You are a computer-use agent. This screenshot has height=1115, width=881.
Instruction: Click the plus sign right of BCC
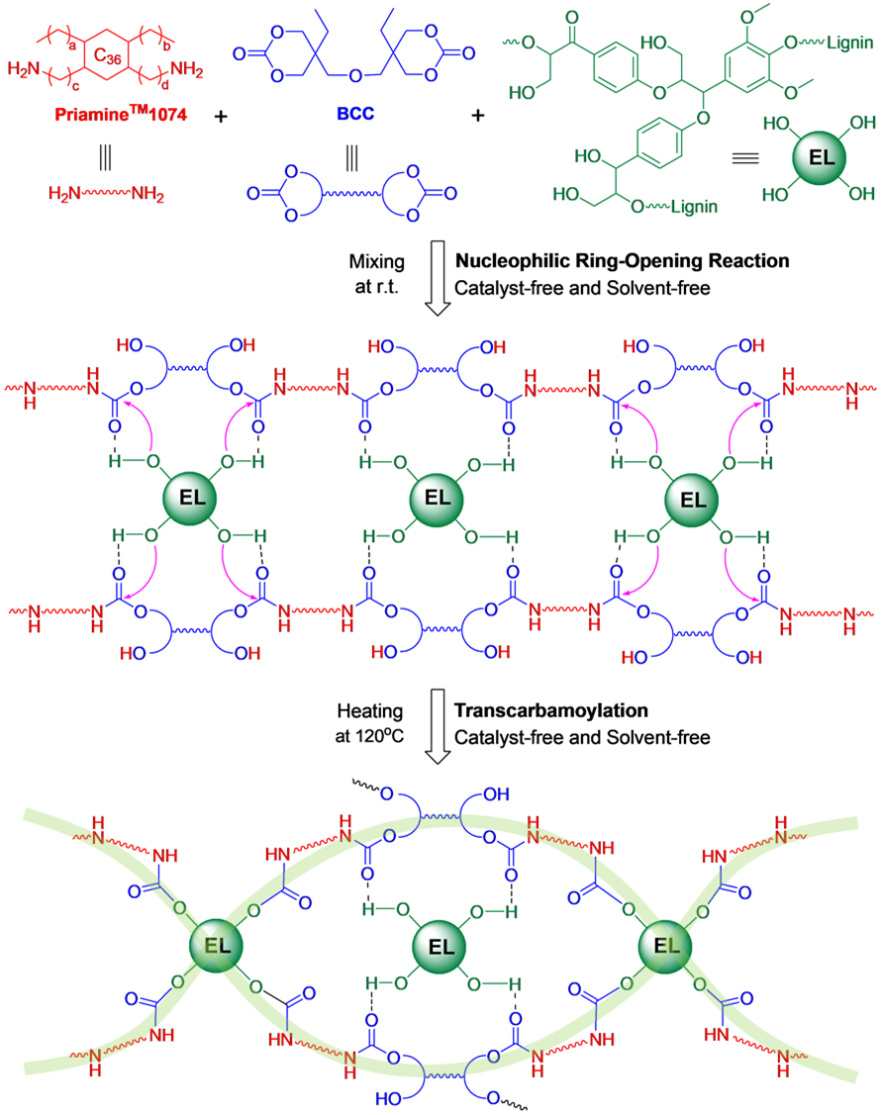point(478,116)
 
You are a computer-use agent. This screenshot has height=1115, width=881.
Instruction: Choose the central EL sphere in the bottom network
point(440,945)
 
